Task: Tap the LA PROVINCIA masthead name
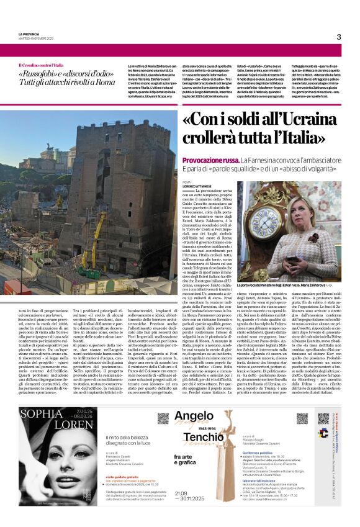(29, 34)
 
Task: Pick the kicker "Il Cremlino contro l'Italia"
(41, 65)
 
